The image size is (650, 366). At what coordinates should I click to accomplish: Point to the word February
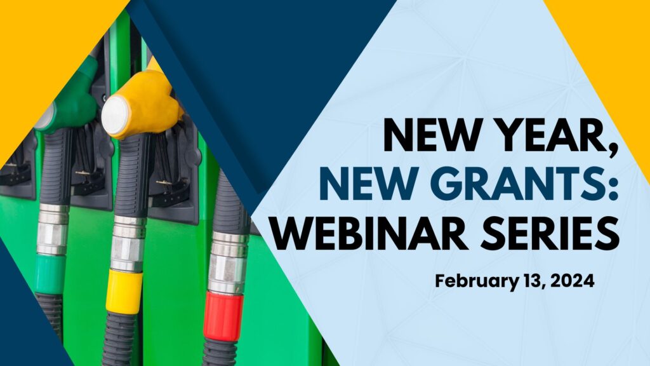[x=475, y=281]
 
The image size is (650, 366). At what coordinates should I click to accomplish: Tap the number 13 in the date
[x=530, y=281]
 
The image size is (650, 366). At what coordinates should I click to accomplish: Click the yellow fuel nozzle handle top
[x=145, y=104]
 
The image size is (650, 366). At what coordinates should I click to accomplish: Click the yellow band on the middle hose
[x=124, y=291]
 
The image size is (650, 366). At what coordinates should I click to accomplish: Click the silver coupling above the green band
[x=52, y=229]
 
